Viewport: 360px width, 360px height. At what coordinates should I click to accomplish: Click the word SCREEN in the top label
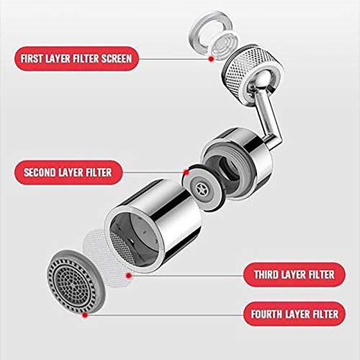pyautogui.click(x=114, y=57)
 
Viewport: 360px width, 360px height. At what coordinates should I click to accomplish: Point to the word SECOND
pyautogui.click(x=45, y=173)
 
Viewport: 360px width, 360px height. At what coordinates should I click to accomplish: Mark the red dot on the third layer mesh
pyautogui.click(x=128, y=274)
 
